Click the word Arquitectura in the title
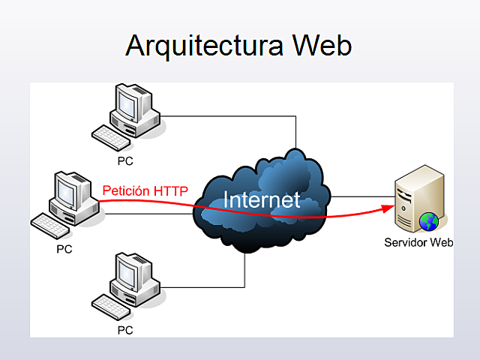[x=205, y=45]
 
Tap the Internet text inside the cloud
[x=262, y=199]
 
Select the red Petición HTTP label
[x=145, y=190]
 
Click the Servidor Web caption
[x=418, y=242]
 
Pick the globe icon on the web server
[x=428, y=221]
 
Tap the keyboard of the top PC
[x=110, y=137]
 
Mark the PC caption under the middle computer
[x=64, y=249]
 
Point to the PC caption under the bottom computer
[x=126, y=329]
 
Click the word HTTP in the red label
[x=170, y=190]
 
